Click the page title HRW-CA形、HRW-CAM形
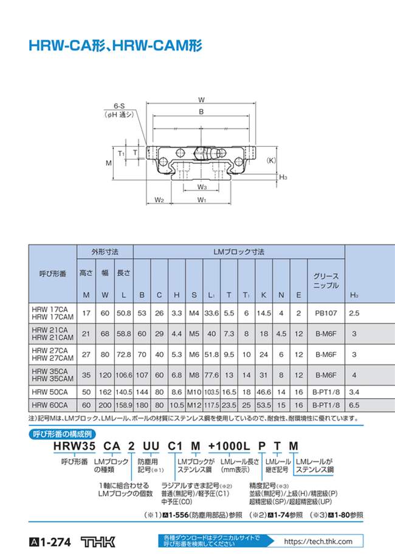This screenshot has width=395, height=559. click(x=115, y=46)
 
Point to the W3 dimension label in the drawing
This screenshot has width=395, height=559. click(x=202, y=188)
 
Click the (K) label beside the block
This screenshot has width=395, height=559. click(x=271, y=160)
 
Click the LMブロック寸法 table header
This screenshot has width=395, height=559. click(x=238, y=251)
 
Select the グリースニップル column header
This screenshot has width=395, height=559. click(x=326, y=280)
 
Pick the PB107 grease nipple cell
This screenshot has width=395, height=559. click(x=326, y=313)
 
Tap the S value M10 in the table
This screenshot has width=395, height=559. click(x=194, y=392)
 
